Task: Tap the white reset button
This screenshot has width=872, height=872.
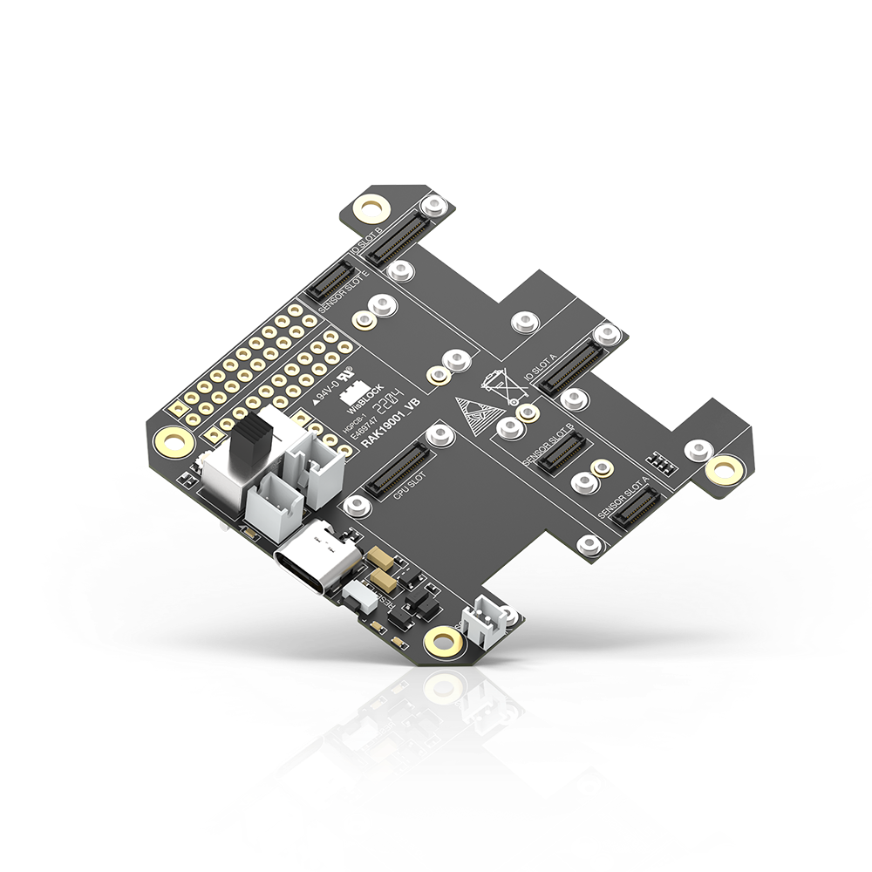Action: [356, 596]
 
